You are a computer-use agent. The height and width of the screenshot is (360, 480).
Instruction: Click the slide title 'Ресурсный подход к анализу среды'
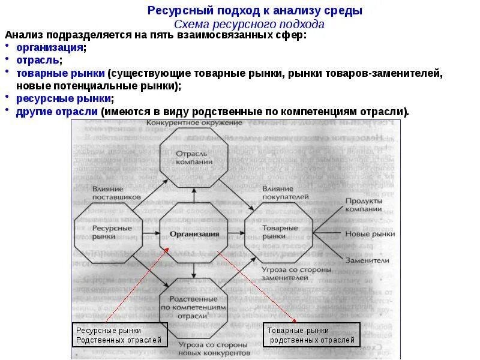click(255, 11)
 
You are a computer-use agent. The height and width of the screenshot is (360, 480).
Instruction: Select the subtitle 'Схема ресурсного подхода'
click(249, 24)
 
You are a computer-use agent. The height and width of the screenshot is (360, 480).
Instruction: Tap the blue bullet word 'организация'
click(50, 47)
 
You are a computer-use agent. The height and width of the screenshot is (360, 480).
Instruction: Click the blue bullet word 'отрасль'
click(37, 60)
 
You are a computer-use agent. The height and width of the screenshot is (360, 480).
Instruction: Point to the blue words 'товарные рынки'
click(61, 73)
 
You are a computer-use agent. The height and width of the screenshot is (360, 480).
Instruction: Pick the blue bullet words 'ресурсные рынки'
click(64, 98)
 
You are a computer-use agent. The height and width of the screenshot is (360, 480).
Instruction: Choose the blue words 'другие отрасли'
click(58, 111)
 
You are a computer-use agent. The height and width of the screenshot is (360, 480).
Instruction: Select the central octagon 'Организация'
click(194, 234)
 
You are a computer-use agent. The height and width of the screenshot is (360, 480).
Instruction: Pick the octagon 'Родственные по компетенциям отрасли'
click(193, 307)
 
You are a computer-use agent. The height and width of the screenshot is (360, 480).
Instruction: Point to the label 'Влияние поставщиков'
click(116, 192)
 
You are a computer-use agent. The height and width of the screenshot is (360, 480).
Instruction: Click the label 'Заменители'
click(367, 260)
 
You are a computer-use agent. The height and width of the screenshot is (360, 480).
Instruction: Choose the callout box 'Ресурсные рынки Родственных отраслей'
click(118, 335)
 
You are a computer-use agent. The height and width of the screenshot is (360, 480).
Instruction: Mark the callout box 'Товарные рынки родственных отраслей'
click(312, 335)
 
